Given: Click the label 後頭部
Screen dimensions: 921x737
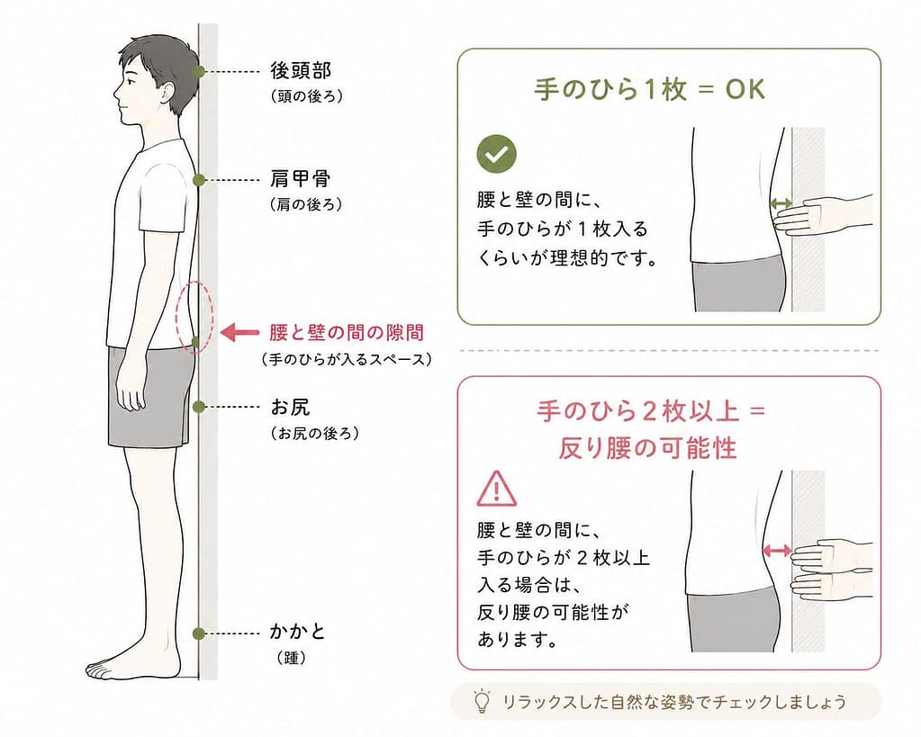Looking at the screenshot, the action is pos(301,70).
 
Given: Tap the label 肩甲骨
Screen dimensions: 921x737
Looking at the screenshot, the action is pos(300,178).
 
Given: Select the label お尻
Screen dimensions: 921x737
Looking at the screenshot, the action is pos(290,407).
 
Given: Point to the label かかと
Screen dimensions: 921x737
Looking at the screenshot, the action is pos(297,632).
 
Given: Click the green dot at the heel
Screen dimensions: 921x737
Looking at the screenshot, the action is pos(199,633).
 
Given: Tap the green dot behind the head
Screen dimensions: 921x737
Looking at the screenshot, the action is pos(199,72).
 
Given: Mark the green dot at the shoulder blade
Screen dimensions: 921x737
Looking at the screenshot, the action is pos(199,180).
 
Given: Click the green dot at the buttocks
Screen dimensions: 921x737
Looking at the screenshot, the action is pos(199,407).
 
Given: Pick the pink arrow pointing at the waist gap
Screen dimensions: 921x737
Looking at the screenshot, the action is pos(239,332).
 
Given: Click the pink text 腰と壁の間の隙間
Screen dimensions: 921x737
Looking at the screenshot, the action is pos(347,333).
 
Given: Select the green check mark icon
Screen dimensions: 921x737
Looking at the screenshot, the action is pos(496,154).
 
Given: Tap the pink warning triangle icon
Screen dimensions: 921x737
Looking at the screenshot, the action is pos(496,490).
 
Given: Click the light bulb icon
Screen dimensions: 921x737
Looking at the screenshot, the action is pos(482,701).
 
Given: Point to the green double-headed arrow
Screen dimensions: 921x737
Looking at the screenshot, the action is pos(781,203).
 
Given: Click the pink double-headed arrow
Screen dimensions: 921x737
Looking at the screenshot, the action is pos(777,550).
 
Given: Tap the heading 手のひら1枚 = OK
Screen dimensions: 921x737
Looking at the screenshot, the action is pos(650,90).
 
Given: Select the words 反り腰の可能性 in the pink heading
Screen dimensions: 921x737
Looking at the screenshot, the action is pos(647,448).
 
